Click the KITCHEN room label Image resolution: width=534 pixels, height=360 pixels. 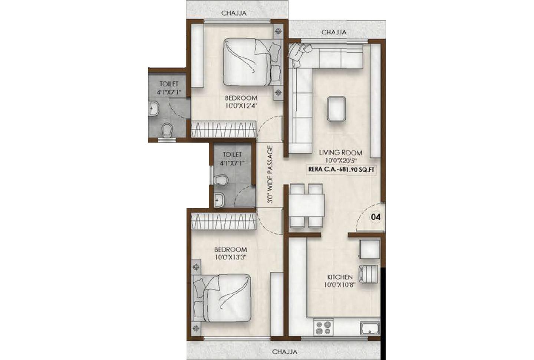coord(339,277)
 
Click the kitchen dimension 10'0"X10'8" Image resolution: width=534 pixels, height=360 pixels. coord(339,286)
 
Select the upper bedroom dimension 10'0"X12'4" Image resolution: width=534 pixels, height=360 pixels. coord(241,105)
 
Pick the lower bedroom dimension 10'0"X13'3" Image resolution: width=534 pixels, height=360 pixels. coord(230,257)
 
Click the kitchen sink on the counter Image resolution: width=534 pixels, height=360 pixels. coord(370,328)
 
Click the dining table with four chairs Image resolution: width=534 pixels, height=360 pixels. coord(306,205)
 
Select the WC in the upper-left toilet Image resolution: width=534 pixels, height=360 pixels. coord(167,130)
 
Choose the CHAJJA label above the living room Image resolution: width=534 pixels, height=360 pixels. coord(334,32)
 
